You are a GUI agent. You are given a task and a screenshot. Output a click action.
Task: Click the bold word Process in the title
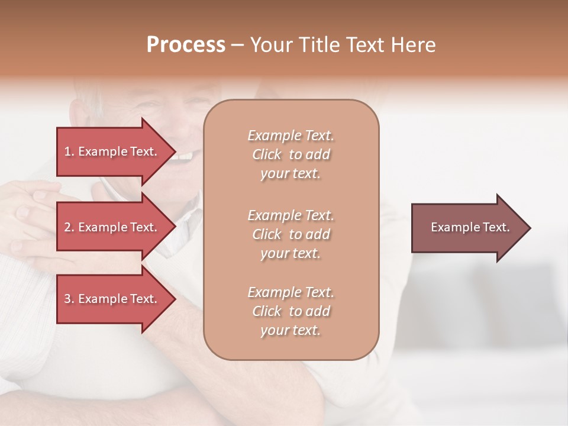(x=186, y=45)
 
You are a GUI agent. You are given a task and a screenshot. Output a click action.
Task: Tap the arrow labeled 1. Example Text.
(x=112, y=151)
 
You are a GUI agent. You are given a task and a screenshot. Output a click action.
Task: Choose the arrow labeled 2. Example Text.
(x=112, y=227)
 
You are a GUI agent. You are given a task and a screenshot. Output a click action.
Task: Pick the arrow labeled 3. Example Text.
(x=112, y=299)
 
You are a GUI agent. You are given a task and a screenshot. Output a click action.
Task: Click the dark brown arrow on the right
(x=467, y=228)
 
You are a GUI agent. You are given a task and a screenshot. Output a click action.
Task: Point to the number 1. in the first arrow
(x=69, y=151)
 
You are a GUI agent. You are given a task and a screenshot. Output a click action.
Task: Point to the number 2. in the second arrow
(x=69, y=227)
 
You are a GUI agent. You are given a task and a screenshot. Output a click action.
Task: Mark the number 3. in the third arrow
(x=69, y=299)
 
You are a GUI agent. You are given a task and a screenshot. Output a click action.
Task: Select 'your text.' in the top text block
(x=291, y=174)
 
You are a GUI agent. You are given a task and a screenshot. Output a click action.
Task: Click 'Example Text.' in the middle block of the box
(x=291, y=215)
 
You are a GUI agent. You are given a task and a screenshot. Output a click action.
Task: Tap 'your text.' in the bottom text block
(x=291, y=331)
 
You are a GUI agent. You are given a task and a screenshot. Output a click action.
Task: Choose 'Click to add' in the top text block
(x=291, y=154)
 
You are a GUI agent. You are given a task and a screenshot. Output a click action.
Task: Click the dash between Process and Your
(x=238, y=46)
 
